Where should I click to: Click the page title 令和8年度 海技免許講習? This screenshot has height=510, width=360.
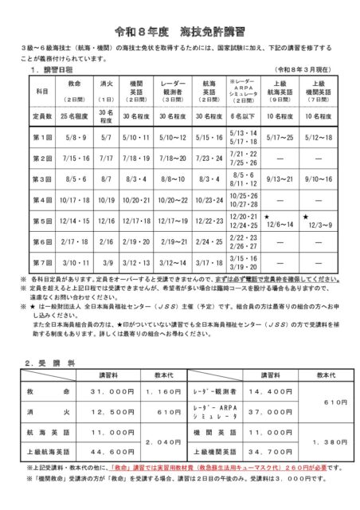[179, 30]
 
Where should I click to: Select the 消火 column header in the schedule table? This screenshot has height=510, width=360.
[106, 87]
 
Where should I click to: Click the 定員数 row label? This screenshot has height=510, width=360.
[41, 116]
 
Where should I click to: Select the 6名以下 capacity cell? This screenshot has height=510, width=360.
[244, 116]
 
